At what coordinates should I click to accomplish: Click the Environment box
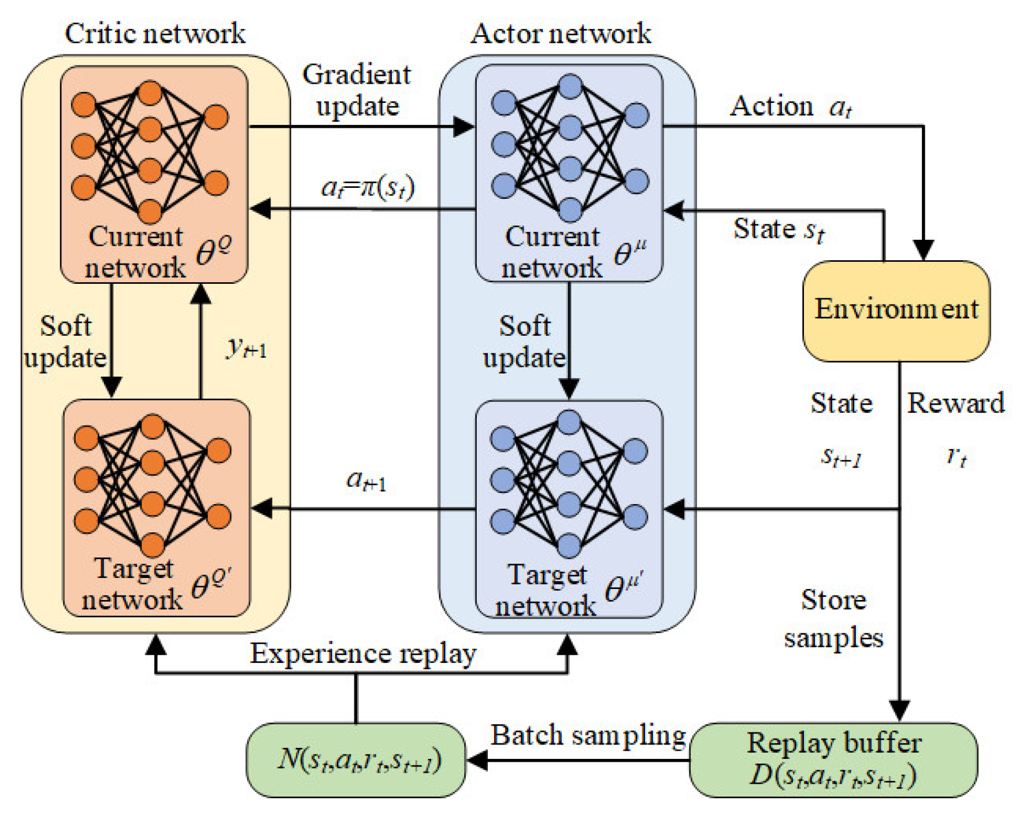[896, 310]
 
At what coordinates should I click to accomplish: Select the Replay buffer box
[833, 760]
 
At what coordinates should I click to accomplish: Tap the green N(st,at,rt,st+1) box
[356, 760]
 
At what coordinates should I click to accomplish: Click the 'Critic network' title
[155, 34]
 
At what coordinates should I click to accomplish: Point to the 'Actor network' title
[561, 34]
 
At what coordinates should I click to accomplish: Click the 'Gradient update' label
[357, 90]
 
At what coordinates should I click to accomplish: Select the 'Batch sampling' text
[588, 735]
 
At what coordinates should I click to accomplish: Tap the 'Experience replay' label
[363, 654]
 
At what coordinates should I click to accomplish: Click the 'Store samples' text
[833, 619]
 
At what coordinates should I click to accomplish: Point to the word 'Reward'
[956, 403]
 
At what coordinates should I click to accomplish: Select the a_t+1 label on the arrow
[366, 480]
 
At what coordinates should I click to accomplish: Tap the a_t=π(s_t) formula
[368, 187]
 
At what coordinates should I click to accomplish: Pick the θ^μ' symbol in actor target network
[624, 587]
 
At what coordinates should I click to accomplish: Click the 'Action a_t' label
[791, 107]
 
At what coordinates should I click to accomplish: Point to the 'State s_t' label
[778, 229]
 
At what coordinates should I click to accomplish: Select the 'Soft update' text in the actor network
[524, 342]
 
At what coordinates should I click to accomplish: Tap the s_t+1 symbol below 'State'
[841, 458]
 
